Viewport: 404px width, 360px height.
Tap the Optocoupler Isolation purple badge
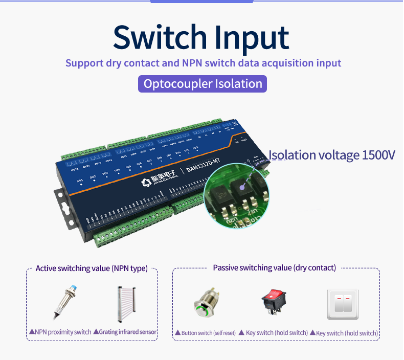point(203,84)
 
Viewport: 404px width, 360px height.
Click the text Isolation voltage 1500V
point(332,155)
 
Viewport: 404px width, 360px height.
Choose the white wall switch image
point(343,304)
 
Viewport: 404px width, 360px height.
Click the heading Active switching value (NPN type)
point(92,268)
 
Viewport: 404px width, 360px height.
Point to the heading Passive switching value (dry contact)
point(274,268)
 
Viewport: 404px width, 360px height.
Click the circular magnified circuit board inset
point(236,193)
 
